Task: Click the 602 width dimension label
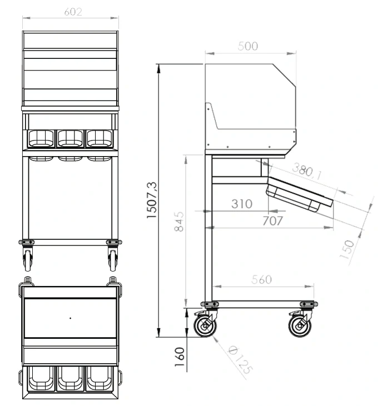pyautogui.click(x=73, y=12)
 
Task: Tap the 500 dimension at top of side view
pyautogui.click(x=248, y=46)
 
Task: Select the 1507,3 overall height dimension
pyautogui.click(x=152, y=200)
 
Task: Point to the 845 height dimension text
pyautogui.click(x=179, y=222)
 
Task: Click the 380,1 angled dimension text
pyautogui.click(x=307, y=172)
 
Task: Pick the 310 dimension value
pyautogui.click(x=242, y=204)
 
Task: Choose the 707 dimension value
pyautogui.click(x=272, y=221)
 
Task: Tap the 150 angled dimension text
pyautogui.click(x=347, y=249)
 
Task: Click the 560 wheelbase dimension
pyautogui.click(x=261, y=279)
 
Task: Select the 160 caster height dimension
pyautogui.click(x=180, y=357)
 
